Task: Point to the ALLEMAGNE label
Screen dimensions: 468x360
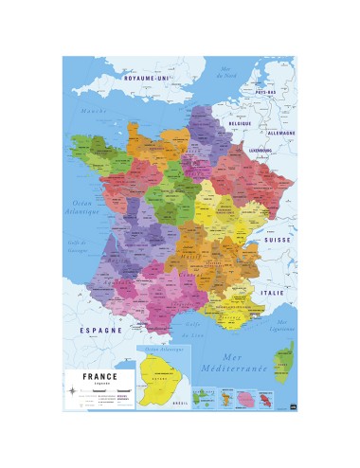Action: click(276, 135)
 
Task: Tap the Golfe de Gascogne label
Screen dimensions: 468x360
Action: click(81, 248)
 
